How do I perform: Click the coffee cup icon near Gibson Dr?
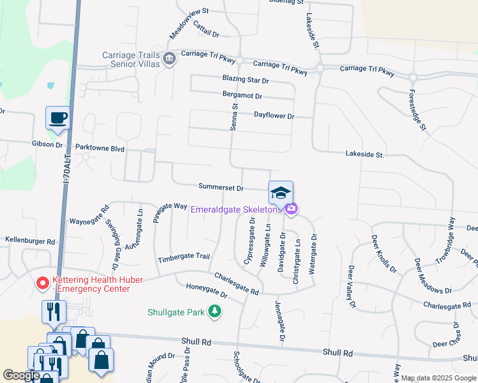(x=58, y=118)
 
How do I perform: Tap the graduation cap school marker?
(x=280, y=191)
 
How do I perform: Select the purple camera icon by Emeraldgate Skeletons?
(x=291, y=208)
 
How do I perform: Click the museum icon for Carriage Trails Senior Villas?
(x=169, y=59)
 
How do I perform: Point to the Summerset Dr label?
(x=221, y=188)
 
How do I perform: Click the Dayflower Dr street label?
(x=274, y=116)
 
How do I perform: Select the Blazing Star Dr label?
(x=245, y=80)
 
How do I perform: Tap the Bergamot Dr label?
(x=242, y=96)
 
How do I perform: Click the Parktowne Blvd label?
(x=99, y=147)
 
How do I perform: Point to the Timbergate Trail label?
(x=184, y=257)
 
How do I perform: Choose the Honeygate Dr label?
(x=206, y=290)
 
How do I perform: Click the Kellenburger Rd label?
(x=30, y=241)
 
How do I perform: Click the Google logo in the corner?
(x=21, y=375)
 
